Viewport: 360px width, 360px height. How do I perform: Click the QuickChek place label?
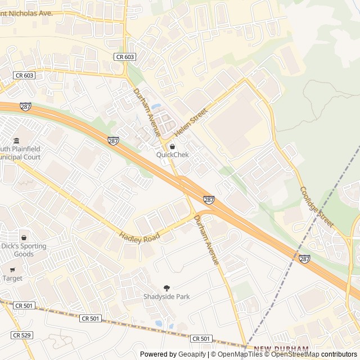point(172,155)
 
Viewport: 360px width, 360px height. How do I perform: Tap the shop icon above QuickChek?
point(172,146)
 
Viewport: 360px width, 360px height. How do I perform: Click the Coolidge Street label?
point(316,208)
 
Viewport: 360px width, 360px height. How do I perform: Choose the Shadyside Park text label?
point(166,296)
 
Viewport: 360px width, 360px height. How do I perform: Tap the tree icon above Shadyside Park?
point(166,288)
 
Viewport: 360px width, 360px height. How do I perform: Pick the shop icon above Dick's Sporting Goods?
point(24,237)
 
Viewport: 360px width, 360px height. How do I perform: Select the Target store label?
point(12,278)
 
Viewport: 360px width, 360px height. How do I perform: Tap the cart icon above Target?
point(12,269)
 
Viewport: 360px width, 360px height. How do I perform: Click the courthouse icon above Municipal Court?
point(16,140)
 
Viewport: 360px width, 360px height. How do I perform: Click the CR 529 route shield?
point(21,335)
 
